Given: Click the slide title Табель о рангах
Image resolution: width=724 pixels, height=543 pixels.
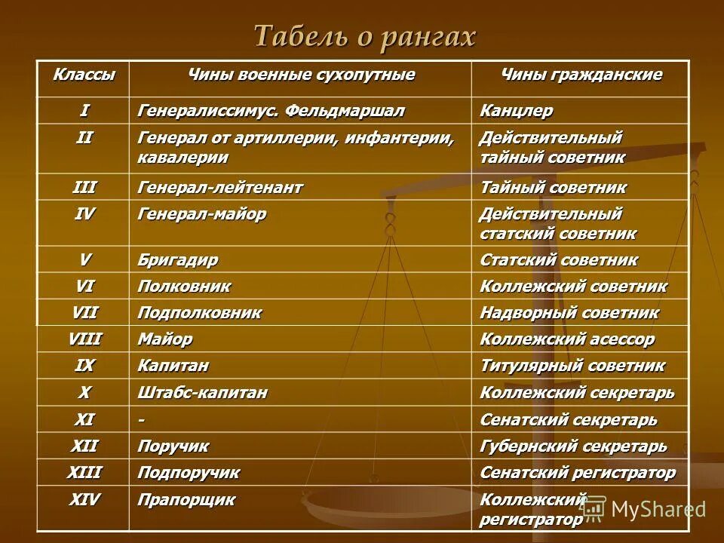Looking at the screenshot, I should click(x=365, y=36).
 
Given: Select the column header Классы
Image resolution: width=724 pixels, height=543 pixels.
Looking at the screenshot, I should click(x=84, y=75).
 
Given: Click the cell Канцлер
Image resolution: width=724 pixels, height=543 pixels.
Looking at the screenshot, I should click(x=517, y=111).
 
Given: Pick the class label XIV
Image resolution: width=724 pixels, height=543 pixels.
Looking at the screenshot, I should click(x=84, y=499).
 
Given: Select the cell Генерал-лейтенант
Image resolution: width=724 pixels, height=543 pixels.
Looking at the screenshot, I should click(x=220, y=188).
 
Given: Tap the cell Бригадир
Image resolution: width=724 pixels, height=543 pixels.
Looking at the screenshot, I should click(x=178, y=260).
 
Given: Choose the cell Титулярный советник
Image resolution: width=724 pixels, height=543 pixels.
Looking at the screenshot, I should click(x=572, y=366).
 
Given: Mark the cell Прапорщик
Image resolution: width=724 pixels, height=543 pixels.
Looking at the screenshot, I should click(x=186, y=499).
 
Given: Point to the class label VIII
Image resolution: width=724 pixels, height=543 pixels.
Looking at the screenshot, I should click(x=84, y=339).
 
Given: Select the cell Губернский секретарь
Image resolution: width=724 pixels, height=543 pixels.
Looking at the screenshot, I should click(x=573, y=446).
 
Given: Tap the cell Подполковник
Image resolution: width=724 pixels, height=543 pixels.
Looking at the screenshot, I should click(x=200, y=313).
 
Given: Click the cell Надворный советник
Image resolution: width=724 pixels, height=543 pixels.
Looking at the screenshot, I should click(x=569, y=313).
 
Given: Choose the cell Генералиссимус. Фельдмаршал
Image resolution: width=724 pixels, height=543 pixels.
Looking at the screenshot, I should click(x=271, y=111).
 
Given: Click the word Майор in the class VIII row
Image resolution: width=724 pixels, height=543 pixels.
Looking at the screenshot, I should click(x=165, y=339).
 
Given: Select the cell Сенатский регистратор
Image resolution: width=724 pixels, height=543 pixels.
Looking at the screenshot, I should click(x=578, y=473).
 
